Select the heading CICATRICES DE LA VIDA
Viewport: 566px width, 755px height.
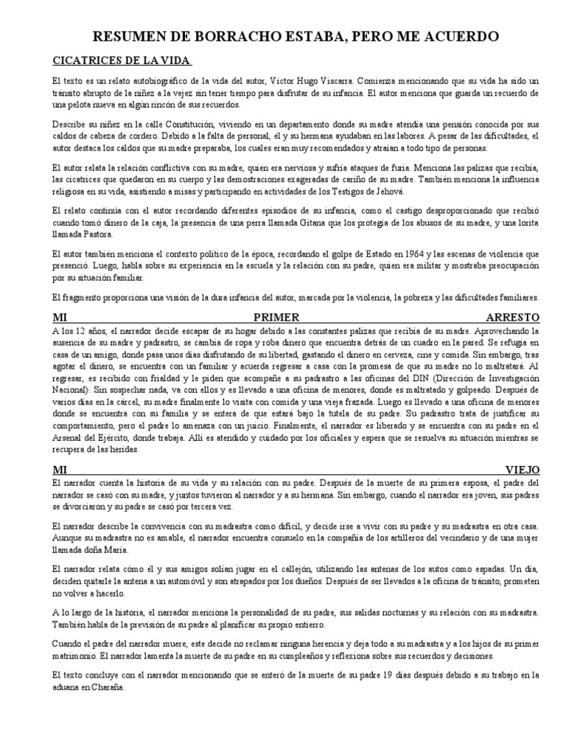tap(122, 59)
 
